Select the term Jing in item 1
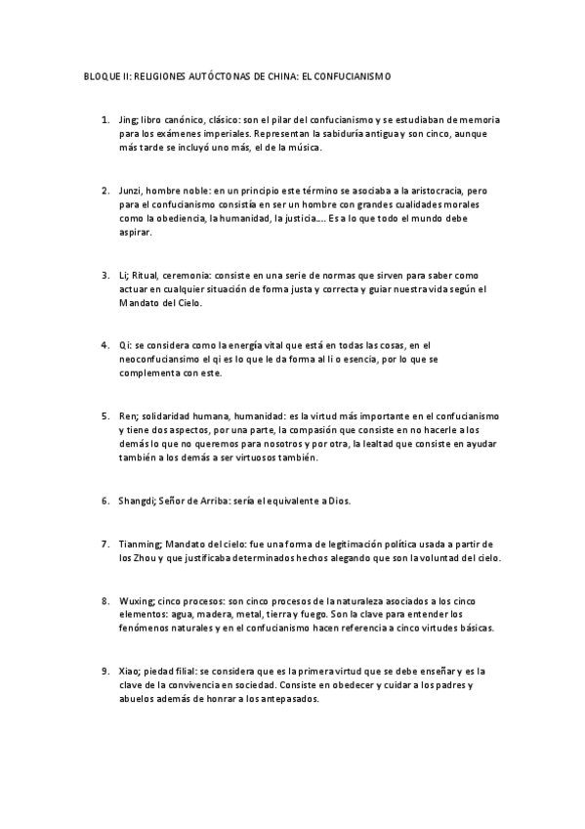click(x=128, y=119)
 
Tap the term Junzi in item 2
click(x=132, y=189)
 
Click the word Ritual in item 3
click(x=146, y=276)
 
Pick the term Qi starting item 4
click(x=125, y=345)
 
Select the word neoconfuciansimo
click(x=161, y=360)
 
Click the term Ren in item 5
click(x=128, y=415)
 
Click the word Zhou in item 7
click(x=147, y=557)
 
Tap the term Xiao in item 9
click(x=130, y=671)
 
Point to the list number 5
click(x=104, y=415)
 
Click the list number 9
click(x=104, y=671)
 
